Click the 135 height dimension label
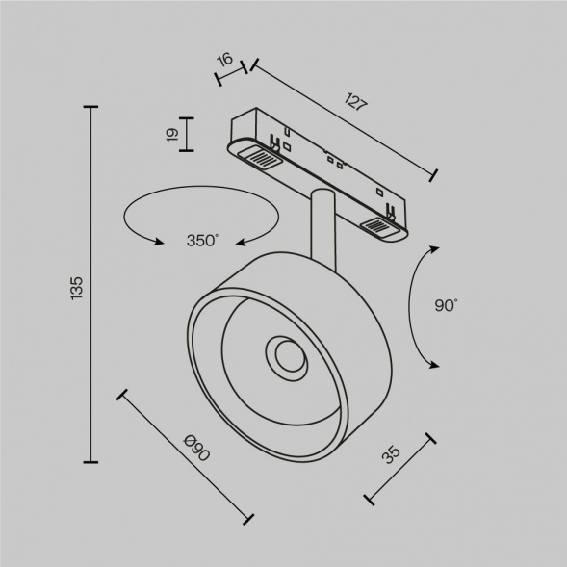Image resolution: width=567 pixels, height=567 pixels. coord(77,287)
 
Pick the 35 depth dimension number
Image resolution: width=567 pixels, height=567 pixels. coord(389,455)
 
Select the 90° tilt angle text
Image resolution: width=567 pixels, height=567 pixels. coord(446,305)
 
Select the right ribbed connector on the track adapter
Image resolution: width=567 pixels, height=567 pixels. coord(377,227)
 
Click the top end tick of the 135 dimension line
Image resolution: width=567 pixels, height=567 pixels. coord(92,109)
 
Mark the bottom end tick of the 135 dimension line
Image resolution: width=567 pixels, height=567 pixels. coord(92,463)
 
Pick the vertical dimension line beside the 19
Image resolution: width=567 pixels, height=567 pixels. coord(187,135)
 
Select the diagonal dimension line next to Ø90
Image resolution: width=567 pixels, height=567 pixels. coord(185,457)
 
